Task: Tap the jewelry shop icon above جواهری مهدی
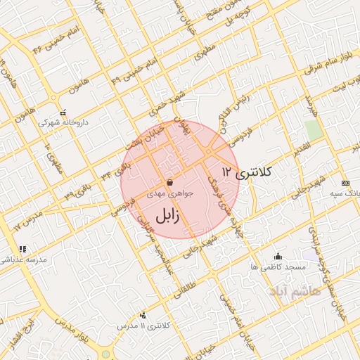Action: point(170,182)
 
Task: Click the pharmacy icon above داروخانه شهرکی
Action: point(63,112)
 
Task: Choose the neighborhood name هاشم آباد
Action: point(295,290)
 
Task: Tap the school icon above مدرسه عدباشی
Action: point(22,249)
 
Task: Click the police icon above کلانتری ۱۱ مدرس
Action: point(143,316)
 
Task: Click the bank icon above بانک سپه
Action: point(344,181)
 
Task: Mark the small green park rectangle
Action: point(313,130)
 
